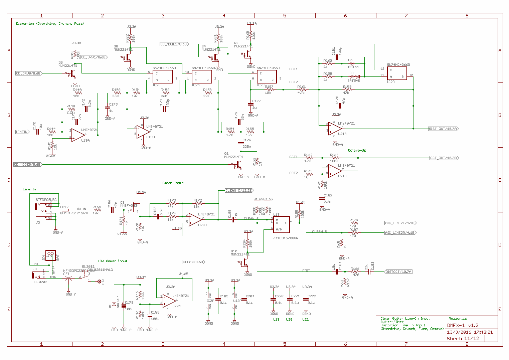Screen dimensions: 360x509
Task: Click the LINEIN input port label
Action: click(22, 132)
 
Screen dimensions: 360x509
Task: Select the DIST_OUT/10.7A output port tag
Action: click(443, 129)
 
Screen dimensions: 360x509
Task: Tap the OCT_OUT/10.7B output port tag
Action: click(444, 158)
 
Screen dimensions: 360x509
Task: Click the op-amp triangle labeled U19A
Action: click(78, 135)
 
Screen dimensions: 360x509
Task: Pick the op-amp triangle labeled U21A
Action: click(335, 129)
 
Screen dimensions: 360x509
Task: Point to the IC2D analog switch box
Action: click(397, 73)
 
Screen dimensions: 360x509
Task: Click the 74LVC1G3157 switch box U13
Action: click(282, 224)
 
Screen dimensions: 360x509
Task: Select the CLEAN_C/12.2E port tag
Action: click(239, 190)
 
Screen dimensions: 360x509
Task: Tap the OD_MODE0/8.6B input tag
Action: click(28, 164)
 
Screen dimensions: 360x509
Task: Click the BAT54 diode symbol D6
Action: click(351, 63)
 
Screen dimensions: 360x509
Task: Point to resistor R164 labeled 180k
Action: click(334, 158)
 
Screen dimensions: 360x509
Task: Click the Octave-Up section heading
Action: click(357, 150)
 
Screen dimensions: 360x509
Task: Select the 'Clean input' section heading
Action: click(173, 183)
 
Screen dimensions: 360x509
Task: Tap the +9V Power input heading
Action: click(112, 261)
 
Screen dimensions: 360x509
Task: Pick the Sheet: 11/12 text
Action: click(463, 338)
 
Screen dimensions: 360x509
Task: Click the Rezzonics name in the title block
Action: click(458, 319)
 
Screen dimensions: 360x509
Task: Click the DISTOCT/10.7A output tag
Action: click(398, 272)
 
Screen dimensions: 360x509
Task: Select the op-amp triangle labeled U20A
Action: click(169, 301)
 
